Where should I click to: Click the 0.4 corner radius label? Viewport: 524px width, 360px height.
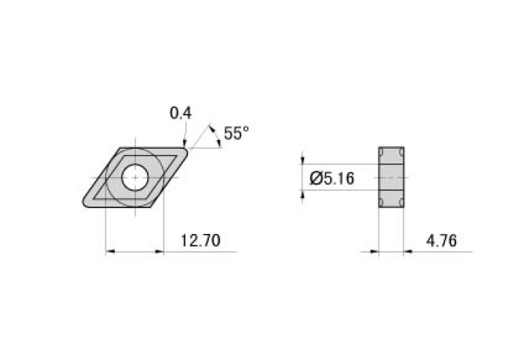(x=181, y=113)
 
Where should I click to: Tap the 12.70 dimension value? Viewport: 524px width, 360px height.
(x=199, y=241)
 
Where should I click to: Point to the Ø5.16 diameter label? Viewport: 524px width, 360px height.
(x=332, y=178)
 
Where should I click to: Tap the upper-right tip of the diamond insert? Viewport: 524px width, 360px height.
(x=186, y=149)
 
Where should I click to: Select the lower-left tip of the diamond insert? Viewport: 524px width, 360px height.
(x=85, y=205)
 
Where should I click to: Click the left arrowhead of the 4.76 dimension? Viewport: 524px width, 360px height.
(x=374, y=252)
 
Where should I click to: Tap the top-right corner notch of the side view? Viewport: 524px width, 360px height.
(x=401, y=152)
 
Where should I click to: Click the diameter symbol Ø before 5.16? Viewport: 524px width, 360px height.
(x=316, y=178)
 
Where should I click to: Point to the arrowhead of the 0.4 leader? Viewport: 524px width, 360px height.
(x=185, y=142)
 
